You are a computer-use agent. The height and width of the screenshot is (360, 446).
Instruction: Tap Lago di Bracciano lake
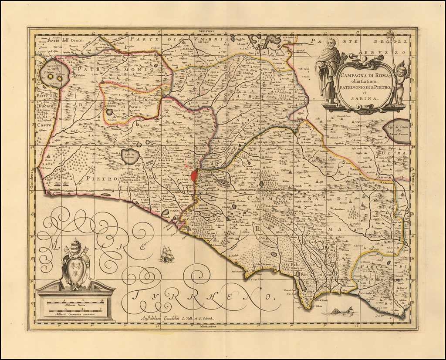tap(130, 156)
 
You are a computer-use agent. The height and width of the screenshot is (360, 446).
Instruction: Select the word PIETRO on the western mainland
tap(101, 178)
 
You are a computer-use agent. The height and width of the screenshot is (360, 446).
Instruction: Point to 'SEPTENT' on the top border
tap(207, 31)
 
